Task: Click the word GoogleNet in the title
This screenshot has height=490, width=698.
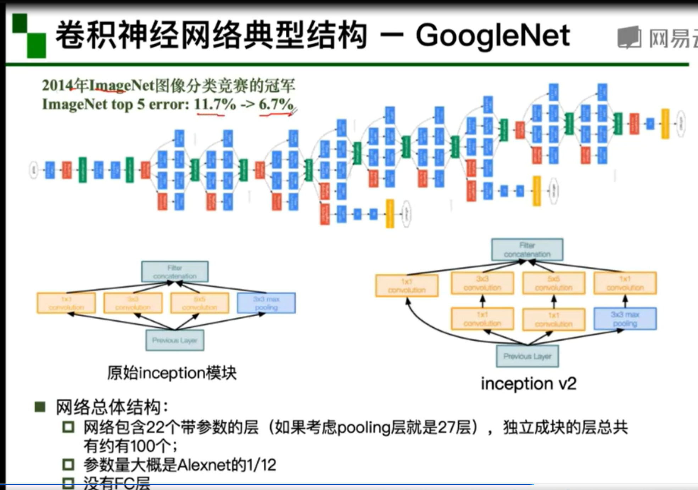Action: [493, 35]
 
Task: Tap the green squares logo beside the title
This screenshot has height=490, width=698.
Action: [29, 35]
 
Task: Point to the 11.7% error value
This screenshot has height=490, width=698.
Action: [215, 104]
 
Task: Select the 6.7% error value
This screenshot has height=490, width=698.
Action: [276, 104]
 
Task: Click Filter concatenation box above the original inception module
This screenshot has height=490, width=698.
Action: [175, 272]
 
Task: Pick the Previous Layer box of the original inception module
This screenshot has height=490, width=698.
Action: [175, 340]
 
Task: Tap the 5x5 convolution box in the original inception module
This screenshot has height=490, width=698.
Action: [200, 303]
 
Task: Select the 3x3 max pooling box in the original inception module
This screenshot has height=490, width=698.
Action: [266, 303]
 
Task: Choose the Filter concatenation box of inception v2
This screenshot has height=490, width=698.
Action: [527, 249]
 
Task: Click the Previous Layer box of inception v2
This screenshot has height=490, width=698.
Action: [527, 356]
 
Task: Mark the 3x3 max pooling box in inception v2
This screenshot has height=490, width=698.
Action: [625, 319]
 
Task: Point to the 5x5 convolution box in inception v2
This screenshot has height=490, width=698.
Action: [554, 283]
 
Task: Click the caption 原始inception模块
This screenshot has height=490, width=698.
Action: [172, 373]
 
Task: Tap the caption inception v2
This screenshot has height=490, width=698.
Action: [528, 384]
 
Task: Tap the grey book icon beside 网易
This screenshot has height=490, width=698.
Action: [629, 37]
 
